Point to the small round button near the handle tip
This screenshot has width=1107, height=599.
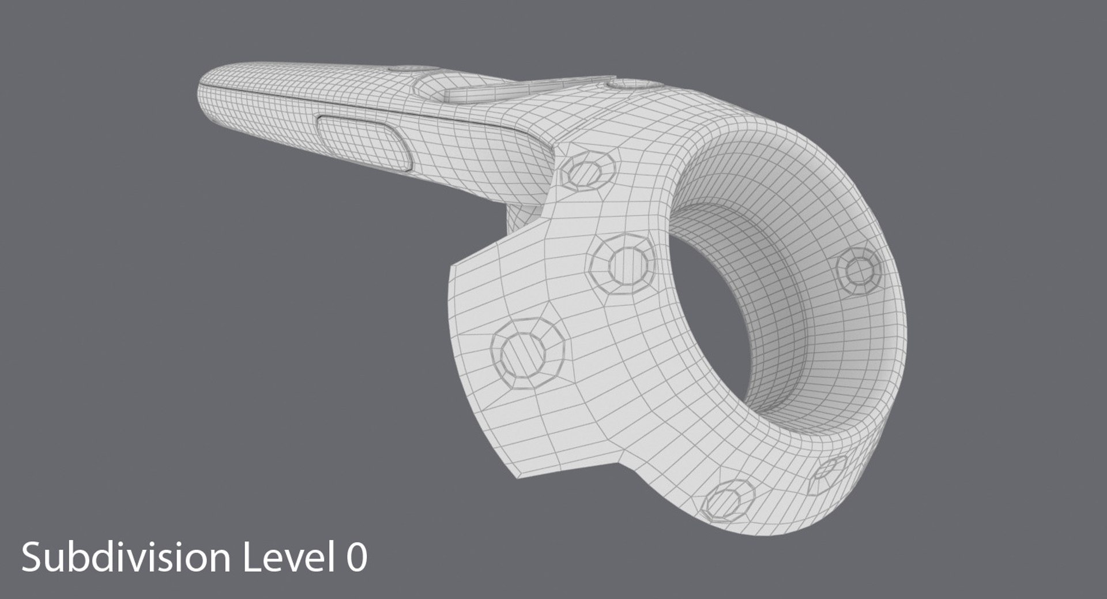click(408, 69)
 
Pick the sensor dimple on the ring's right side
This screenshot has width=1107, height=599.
click(859, 271)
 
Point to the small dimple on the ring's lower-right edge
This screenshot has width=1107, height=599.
click(828, 474)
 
